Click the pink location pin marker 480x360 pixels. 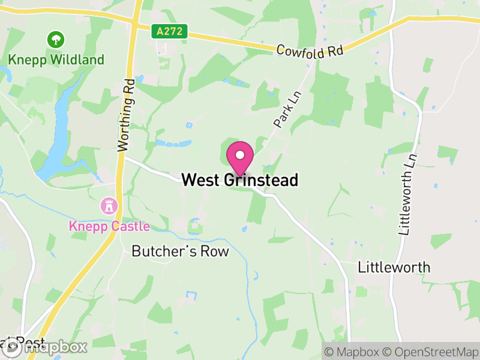240,157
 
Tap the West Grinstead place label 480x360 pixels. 239,180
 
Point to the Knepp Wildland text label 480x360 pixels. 56,60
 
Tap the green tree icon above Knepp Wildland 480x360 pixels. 56,40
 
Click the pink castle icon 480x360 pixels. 110,206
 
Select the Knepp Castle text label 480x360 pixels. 109,227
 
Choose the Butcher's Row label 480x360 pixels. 180,251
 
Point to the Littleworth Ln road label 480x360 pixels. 408,194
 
